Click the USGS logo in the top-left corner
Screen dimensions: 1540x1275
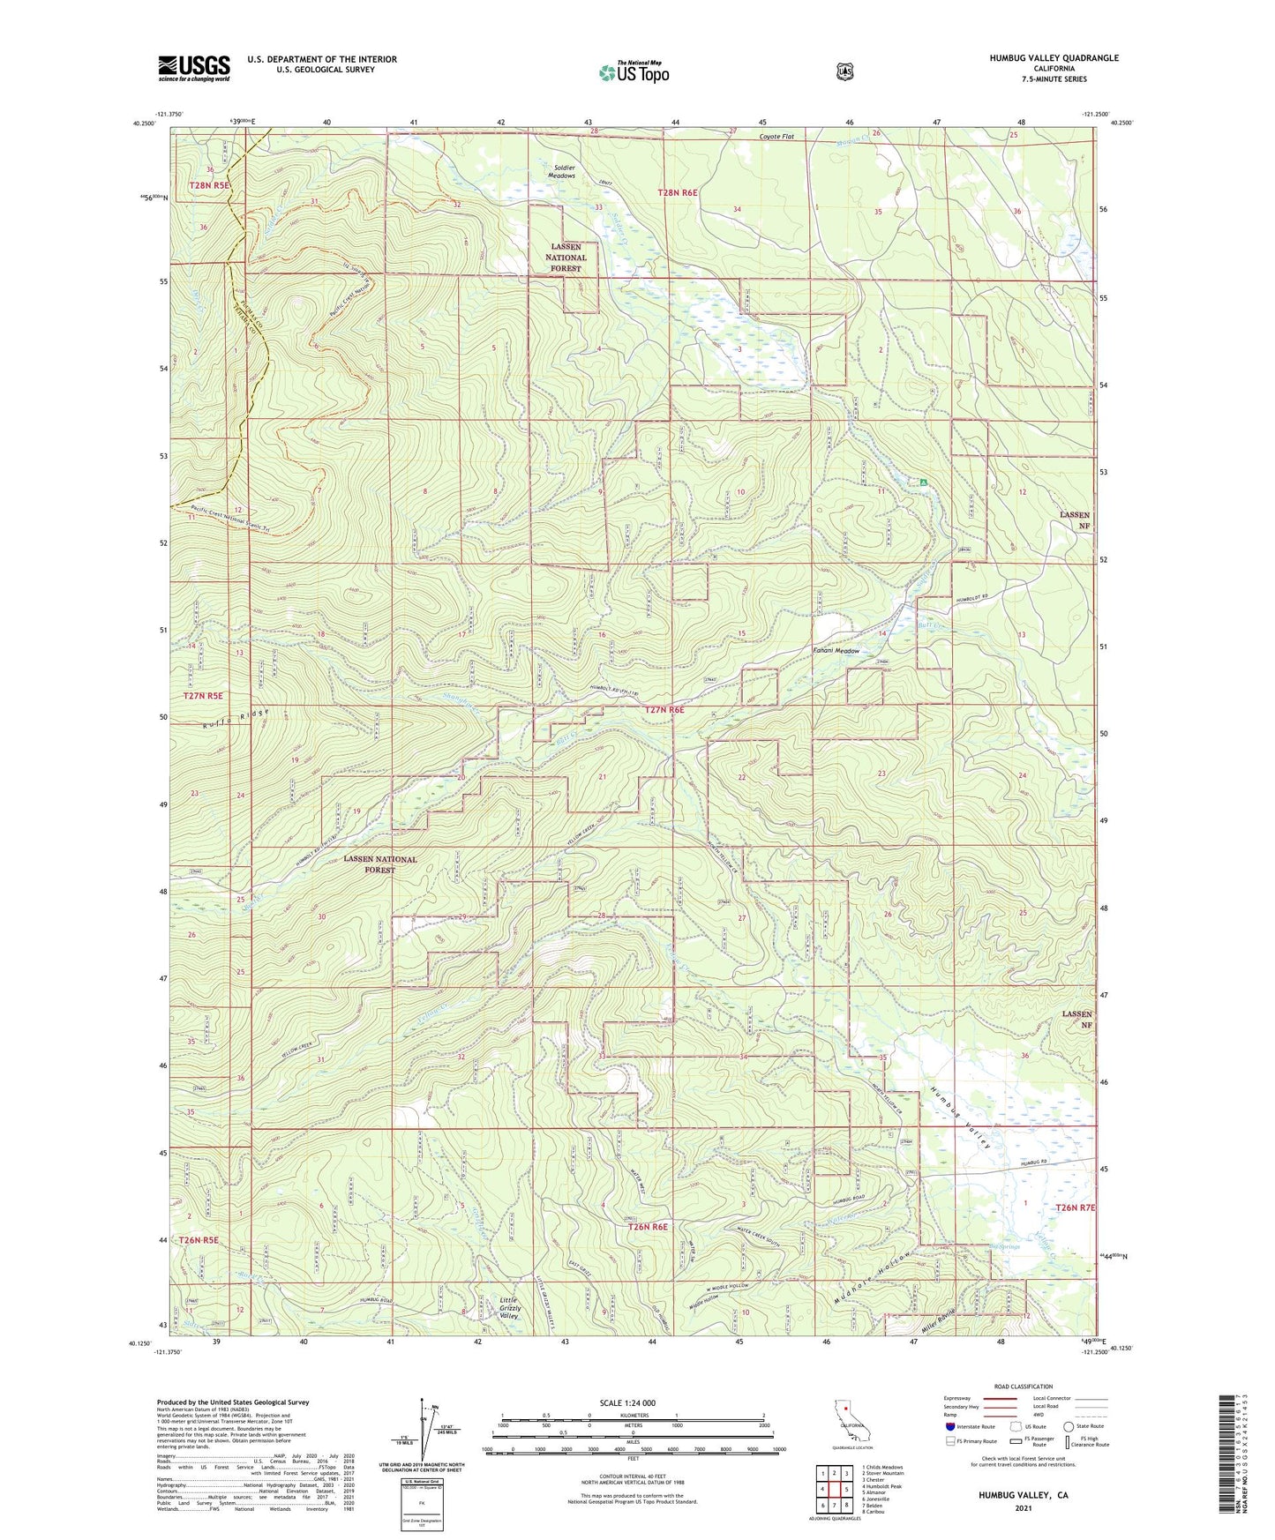click(x=194, y=68)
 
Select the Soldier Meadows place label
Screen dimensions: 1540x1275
click(x=552, y=171)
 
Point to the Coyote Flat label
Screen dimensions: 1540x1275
click(x=776, y=137)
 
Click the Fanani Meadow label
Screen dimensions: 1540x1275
click(x=835, y=651)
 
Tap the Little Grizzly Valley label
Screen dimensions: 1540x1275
click(x=510, y=1308)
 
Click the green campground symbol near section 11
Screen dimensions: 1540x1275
click(x=923, y=482)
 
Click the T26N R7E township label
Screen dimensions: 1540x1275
click(x=1075, y=1207)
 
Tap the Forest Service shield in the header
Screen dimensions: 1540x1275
click(x=845, y=71)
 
